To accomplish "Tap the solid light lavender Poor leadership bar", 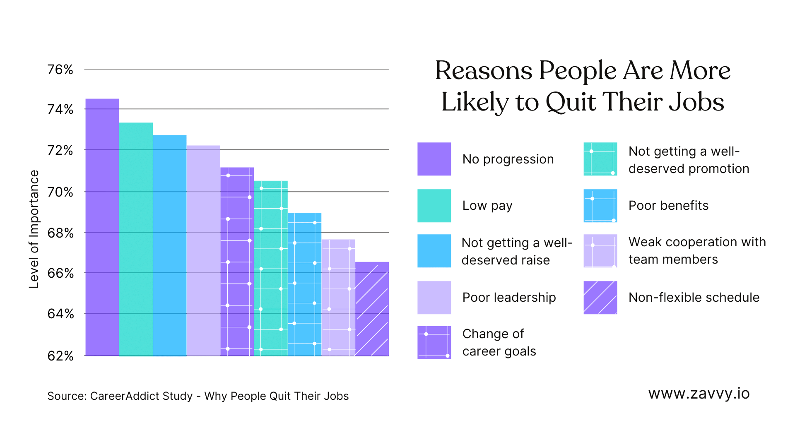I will [x=203, y=250].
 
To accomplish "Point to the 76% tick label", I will [x=60, y=70].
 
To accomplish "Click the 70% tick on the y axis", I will [x=60, y=192].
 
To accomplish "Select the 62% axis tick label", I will [x=60, y=356].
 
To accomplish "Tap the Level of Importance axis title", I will [x=34, y=229].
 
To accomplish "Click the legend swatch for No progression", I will [x=434, y=159].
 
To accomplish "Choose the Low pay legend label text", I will [x=487, y=206].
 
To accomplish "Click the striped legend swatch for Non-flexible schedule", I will [x=600, y=298].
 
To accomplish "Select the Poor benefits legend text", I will [x=668, y=206].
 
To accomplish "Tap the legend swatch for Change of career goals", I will [x=434, y=342].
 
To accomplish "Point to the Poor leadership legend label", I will [x=509, y=298].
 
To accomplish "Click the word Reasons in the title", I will [x=483, y=71].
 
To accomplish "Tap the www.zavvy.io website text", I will [x=699, y=394].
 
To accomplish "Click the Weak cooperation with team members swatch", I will [x=600, y=251].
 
